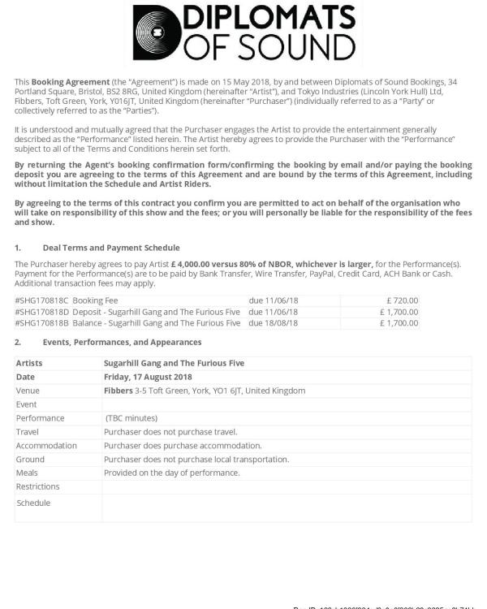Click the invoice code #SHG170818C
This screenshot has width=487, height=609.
(41, 300)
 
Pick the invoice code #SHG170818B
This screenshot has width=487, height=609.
(41, 322)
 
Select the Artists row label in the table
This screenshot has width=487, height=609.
(29, 363)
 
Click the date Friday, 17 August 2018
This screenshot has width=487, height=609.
(148, 377)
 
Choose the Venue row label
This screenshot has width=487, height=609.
(28, 391)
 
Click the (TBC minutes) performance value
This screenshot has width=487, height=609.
(131, 418)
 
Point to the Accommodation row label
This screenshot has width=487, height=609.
(46, 446)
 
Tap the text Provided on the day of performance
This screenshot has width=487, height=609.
(171, 473)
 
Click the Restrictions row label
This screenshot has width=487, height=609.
(37, 486)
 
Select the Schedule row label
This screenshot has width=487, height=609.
(33, 503)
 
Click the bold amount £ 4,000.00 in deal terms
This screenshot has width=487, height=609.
(199, 264)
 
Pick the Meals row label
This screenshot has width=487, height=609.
(27, 473)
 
